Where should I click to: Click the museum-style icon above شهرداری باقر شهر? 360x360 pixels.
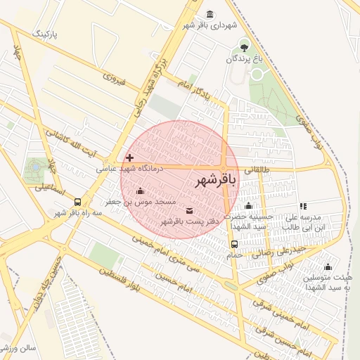pyautogui.click(x=210, y=14)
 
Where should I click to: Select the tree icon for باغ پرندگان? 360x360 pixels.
pyautogui.click(x=244, y=48)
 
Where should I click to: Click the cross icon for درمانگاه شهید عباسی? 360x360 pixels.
pyautogui.click(x=129, y=157)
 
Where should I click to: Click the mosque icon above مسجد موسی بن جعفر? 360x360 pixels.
pyautogui.click(x=139, y=191)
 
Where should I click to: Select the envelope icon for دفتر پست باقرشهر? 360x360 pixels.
pyautogui.click(x=189, y=210)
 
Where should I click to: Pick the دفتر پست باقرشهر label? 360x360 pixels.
pyautogui.click(x=190, y=221)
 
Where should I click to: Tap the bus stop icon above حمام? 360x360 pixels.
pyautogui.click(x=234, y=244)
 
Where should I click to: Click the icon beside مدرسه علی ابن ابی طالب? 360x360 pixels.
pyautogui.click(x=303, y=206)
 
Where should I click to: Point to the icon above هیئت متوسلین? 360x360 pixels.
pyautogui.click(x=328, y=266)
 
